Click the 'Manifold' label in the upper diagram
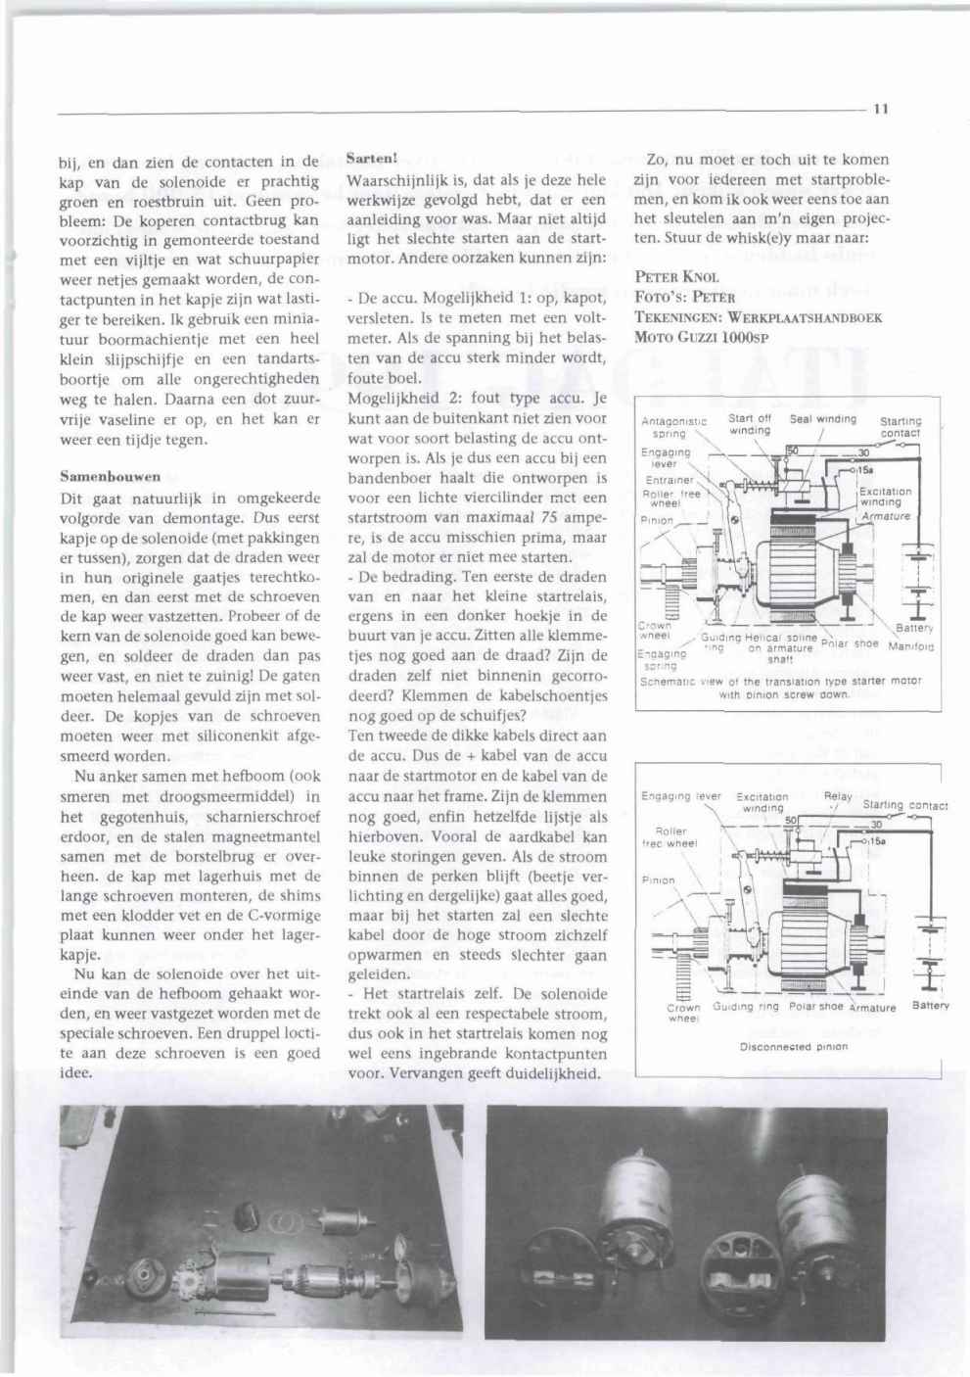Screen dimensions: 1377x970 pos(911,646)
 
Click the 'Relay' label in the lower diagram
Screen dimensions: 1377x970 pos(838,796)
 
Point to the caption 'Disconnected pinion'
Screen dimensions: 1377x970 pos(793,1046)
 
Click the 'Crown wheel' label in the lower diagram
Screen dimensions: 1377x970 pos(683,1013)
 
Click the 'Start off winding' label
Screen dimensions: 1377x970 pos(751,424)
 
